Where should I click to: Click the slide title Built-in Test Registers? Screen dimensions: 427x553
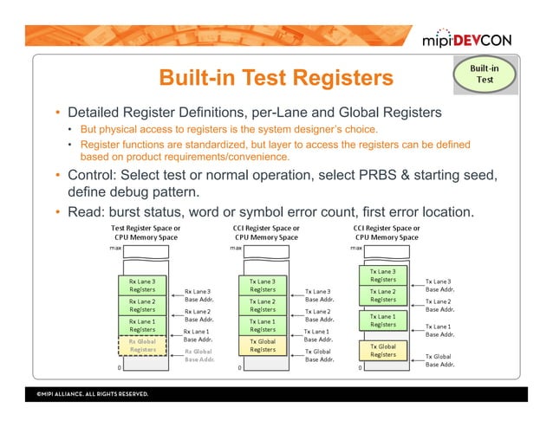tap(275, 80)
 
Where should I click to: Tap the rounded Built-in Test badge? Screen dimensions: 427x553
tap(485, 74)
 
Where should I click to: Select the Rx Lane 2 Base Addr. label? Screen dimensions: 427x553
tap(198, 315)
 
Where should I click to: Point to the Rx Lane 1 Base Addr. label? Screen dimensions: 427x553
tap(198, 335)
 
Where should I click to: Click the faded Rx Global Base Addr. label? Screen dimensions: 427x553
tap(198, 355)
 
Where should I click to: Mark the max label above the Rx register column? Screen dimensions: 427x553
tap(114, 247)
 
